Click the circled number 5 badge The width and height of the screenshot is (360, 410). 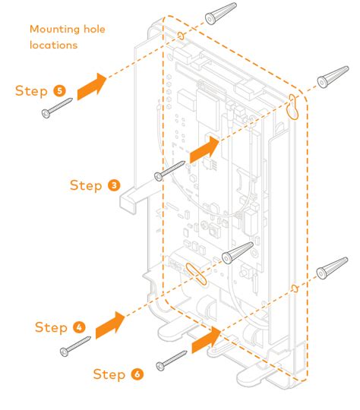coord(60,91)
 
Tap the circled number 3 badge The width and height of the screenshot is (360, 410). coord(114,185)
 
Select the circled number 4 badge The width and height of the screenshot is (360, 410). coord(79,328)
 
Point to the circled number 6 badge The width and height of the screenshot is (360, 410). coord(137,374)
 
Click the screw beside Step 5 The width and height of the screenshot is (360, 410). coord(57,108)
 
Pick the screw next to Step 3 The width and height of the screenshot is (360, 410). coord(169,171)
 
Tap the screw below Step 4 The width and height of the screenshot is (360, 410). coord(75,346)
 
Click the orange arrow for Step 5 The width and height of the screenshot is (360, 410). coord(92,87)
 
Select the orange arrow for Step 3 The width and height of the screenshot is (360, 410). coord(204,150)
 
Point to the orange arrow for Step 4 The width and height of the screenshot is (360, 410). coord(110,325)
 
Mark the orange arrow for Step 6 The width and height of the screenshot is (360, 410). coord(207,339)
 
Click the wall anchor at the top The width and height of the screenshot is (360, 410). coord(221,14)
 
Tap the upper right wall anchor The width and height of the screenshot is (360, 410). coord(333,77)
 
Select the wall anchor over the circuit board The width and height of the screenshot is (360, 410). coord(238,253)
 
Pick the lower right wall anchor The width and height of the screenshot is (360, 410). coord(332,268)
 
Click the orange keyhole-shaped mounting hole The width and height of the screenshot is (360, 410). coord(293,107)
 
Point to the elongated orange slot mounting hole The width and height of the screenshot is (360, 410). coord(196,274)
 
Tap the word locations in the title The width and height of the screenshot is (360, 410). coord(54,45)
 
